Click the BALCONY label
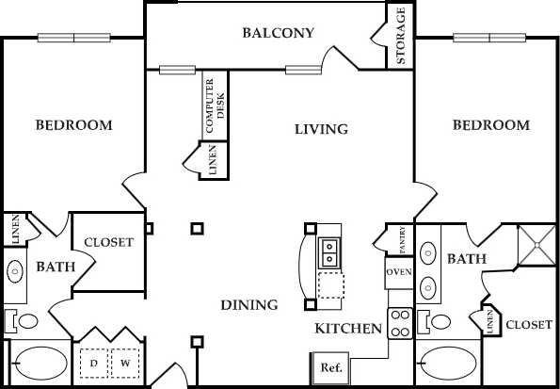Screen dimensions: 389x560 [x=278, y=33]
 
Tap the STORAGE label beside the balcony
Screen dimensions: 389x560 [x=401, y=36]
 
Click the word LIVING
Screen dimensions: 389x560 [x=321, y=129]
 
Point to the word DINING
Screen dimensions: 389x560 [x=249, y=305]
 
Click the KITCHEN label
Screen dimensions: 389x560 [x=348, y=329]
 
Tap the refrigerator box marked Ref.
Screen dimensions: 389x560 [x=330, y=366]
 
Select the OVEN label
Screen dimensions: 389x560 [x=398, y=273]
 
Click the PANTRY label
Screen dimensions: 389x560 [x=402, y=240]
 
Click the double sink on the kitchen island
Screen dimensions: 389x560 [x=330, y=251]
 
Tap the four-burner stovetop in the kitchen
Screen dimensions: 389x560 [x=400, y=324]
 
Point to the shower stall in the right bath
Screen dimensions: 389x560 [x=537, y=246]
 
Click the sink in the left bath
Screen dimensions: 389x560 [x=16, y=272]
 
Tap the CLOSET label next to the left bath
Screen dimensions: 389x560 [x=109, y=243]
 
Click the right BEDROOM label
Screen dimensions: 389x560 [x=490, y=125]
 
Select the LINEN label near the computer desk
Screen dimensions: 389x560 [x=215, y=160]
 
